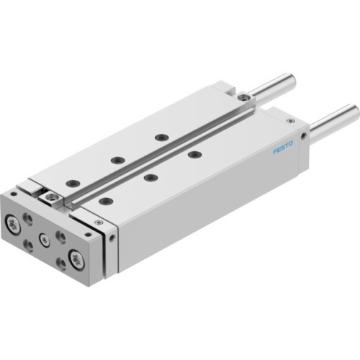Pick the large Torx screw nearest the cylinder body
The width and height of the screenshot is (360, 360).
[77, 258]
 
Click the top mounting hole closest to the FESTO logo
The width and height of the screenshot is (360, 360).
[192, 153]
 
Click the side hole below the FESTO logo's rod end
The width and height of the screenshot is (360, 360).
[304, 134]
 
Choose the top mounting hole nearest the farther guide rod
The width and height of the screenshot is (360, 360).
[161, 136]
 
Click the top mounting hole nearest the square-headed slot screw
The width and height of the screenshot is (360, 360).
[73, 183]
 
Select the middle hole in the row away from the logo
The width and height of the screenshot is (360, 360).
[115, 160]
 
